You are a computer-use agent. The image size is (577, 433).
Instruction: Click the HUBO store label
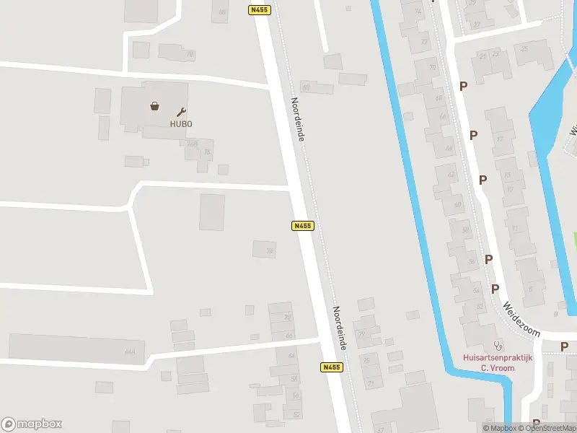pos(181,123)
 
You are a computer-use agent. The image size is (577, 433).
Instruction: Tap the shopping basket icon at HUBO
pos(155,106)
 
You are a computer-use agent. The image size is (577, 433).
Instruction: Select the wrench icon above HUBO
pos(181,112)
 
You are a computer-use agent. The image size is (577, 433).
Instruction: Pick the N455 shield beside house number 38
pos(303,226)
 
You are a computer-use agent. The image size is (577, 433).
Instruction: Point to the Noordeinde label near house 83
pos(298,118)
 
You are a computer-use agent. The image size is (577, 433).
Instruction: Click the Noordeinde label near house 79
pos(340,327)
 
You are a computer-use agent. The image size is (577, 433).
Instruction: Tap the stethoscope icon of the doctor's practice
pos(496,345)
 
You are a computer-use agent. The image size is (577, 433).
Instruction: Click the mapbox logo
pos(32,424)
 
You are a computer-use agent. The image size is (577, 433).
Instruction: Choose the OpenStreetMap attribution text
pos(551,428)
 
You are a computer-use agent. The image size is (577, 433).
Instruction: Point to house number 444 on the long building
pos(130,352)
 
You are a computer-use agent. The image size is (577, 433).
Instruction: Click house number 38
pos(270,251)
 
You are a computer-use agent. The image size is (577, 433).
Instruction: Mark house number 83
pos(306,87)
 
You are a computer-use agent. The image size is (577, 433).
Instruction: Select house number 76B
pos(192,144)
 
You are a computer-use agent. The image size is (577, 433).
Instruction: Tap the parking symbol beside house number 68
pos(463,86)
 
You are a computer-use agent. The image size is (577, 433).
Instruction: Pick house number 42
pos(452,175)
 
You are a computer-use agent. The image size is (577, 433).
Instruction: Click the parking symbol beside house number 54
pos(495,289)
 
